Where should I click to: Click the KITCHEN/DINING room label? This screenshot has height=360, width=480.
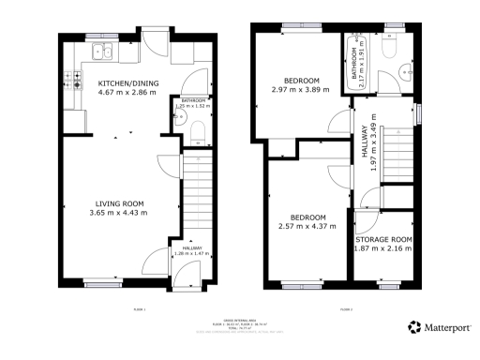coord(128,83)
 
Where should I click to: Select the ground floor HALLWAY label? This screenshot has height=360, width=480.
coord(191,247)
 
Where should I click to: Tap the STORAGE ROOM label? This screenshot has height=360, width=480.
coord(382,239)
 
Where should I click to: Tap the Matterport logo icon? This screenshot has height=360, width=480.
coord(413,327)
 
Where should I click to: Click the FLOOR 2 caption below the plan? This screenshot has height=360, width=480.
coord(345,308)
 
